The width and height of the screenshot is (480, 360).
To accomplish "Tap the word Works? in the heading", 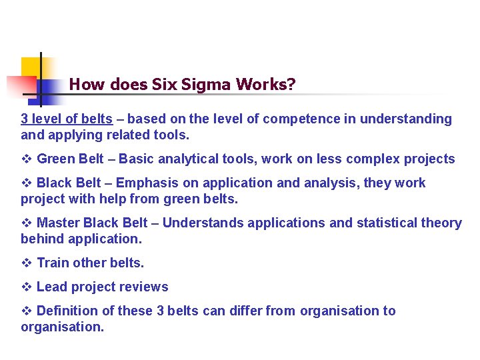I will click(x=264, y=85).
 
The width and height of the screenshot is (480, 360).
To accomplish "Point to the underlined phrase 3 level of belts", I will click(x=67, y=119).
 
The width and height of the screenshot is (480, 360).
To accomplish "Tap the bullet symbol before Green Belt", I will click(x=27, y=159).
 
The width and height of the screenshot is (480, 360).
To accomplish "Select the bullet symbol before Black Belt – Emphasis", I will click(x=27, y=183).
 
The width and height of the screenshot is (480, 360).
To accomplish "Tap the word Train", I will click(x=53, y=263).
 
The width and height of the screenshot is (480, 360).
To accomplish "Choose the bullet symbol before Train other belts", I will click(x=27, y=263).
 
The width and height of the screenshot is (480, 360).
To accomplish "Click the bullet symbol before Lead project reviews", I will click(x=27, y=287).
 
